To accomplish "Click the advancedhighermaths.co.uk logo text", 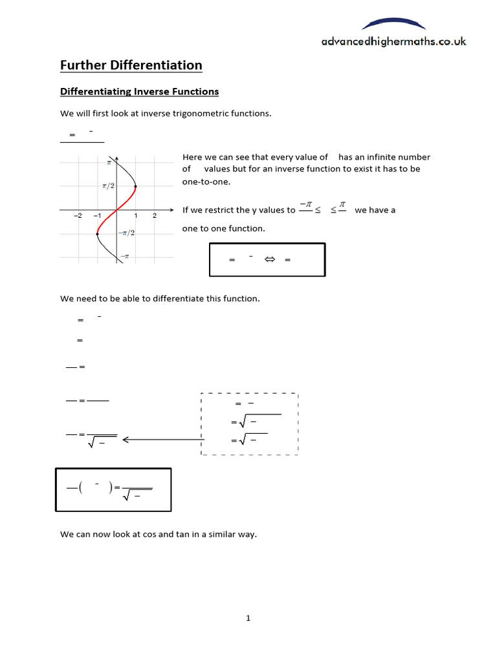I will click(393, 41).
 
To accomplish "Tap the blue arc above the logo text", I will click(393, 24).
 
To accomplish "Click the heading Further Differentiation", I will click(131, 65).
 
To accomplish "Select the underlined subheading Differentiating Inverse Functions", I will click(139, 92).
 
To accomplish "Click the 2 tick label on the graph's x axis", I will click(155, 216).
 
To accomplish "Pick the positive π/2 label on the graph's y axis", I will click(107, 186).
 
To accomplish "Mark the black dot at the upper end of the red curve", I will click(135, 187).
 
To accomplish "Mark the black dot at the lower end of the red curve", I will click(98, 233).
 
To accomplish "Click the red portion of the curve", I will click(116, 210).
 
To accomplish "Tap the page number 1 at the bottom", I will click(248, 618).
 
